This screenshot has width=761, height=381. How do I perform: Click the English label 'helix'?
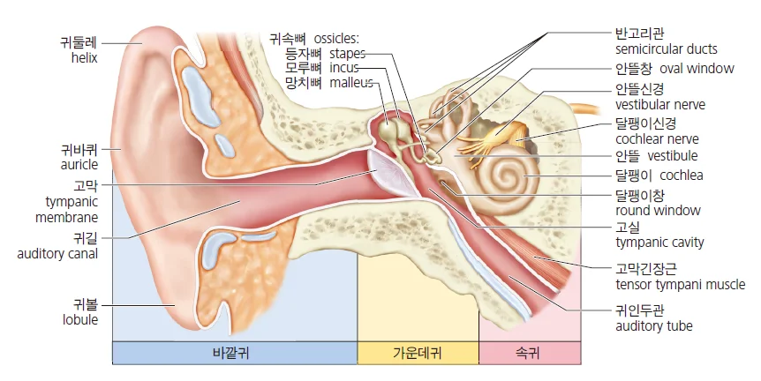pos(84,58)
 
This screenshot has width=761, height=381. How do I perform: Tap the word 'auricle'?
pos(79,165)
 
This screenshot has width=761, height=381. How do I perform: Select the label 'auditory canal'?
pos(57,254)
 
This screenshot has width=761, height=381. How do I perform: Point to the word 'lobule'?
pos(80,320)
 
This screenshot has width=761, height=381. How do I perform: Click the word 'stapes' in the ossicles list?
pos(348,53)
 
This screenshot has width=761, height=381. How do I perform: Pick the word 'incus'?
pos(344,68)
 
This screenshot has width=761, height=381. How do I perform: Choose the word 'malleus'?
pos(351,83)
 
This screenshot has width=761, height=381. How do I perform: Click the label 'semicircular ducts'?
pos(667,49)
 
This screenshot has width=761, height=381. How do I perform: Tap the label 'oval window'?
pos(697,69)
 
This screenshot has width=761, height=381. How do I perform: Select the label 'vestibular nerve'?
pos(660,105)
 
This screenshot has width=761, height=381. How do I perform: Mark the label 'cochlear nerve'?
pos(657,139)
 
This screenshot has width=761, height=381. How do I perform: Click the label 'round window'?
pos(658,211)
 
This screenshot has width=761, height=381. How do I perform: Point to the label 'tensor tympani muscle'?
pos(681,285)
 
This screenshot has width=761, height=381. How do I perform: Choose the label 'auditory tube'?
pos(654,326)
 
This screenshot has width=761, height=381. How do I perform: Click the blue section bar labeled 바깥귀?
pos(235,353)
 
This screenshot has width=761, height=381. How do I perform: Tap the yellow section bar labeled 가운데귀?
pos(418,353)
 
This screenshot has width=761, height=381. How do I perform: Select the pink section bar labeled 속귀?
pos(530,353)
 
